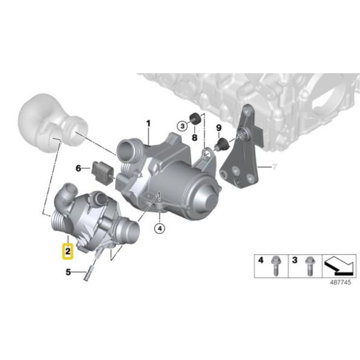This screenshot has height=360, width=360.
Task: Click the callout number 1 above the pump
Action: [147, 124]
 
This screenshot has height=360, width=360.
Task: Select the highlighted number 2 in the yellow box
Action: [68, 249]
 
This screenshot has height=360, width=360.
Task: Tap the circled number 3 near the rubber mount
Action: [182, 125]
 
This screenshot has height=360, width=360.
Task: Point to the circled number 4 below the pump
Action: [159, 228]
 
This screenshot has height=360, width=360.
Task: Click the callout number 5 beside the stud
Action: [68, 272]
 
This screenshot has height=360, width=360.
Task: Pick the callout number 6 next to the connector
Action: [78, 168]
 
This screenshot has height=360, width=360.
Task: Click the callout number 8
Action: [194, 138]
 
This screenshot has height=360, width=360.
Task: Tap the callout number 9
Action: [218, 128]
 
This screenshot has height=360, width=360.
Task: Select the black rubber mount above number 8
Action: [195, 118]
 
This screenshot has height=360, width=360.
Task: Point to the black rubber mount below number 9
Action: [221, 143]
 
